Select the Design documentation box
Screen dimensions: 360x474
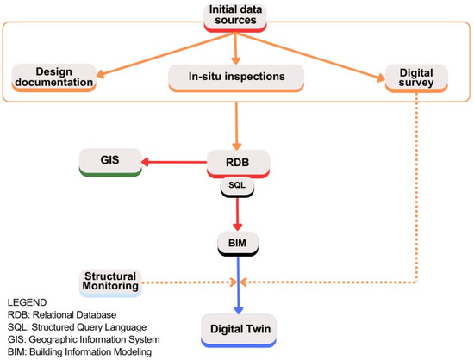coord(53,77)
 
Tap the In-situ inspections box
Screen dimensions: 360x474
coord(236,77)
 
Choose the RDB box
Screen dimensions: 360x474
coord(237,161)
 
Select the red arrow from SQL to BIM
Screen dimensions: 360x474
coord(236,213)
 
